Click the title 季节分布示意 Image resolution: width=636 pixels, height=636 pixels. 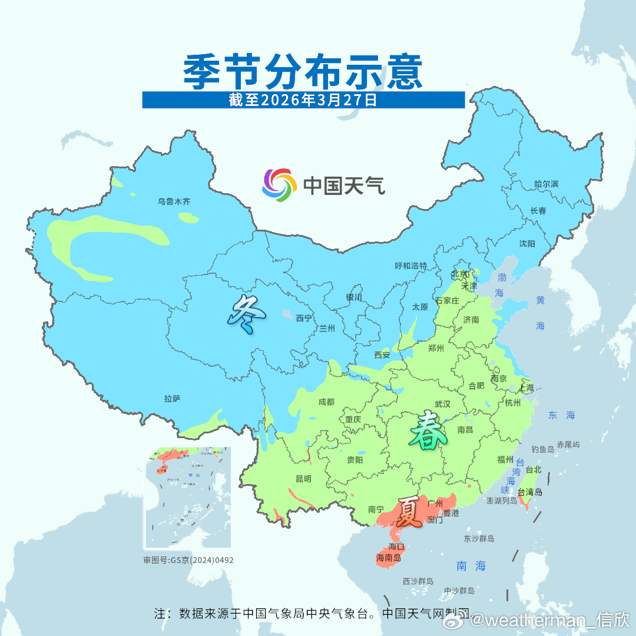pyautogui.click(x=303, y=72)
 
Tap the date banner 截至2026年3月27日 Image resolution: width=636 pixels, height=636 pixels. pyautogui.click(x=303, y=100)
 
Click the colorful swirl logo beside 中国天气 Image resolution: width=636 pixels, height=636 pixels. pyautogui.click(x=279, y=185)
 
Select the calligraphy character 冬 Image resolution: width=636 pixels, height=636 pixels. pyautogui.click(x=246, y=315)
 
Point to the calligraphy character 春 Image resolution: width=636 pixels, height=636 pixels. pyautogui.click(x=428, y=431)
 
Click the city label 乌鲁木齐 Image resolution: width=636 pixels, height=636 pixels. pyautogui.click(x=174, y=201)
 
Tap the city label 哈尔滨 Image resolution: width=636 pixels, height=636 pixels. pyautogui.click(x=546, y=184)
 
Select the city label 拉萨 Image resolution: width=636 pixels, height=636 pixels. pyautogui.click(x=172, y=399)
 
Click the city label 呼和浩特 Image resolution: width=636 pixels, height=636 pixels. pyautogui.click(x=411, y=266)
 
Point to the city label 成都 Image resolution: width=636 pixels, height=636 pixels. pyautogui.click(x=326, y=402)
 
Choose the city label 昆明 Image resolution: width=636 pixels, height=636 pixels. pyautogui.click(x=303, y=478)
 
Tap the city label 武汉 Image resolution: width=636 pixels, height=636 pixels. pyautogui.click(x=442, y=404)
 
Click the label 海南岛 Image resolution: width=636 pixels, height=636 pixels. pyautogui.click(x=388, y=557)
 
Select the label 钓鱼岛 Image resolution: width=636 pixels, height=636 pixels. pyautogui.click(x=542, y=449)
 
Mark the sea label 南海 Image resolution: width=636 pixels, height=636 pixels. pyautogui.click(x=472, y=566)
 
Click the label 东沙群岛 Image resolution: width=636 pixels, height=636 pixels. pyautogui.click(x=479, y=539)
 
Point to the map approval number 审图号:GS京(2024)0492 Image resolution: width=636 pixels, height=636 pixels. pyautogui.click(x=188, y=560)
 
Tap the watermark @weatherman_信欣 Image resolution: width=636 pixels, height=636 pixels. pyautogui.click(x=549, y=620)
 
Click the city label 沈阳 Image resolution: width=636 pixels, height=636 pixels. pyautogui.click(x=527, y=244)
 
